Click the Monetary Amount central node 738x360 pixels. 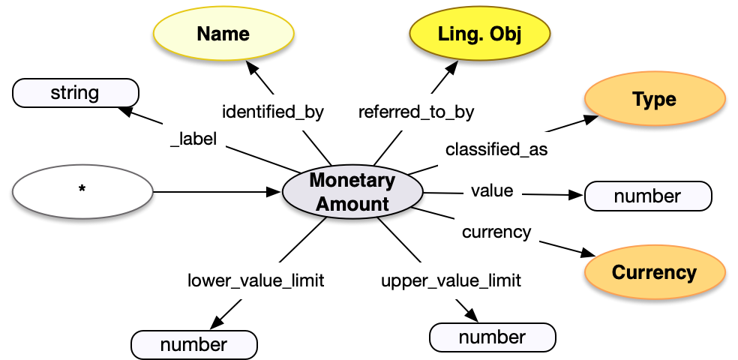pos(352,192)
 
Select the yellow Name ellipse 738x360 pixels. pos(223,34)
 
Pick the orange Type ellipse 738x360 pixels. pos(654,100)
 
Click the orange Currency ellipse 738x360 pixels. pos(654,272)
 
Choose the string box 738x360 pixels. pos(75,94)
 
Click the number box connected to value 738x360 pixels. pos(647,196)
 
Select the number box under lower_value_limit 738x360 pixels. pos(193,344)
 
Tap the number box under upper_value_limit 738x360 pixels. pos(492,337)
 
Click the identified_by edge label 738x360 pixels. pos(273,112)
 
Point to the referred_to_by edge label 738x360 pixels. pos(416,112)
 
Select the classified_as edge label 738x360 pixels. pos(496,149)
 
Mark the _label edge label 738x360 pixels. pos(193,139)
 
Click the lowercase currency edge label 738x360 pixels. pos(496,232)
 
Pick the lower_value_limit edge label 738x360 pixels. pos(256,280)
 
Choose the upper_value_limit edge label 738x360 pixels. pos(451,281)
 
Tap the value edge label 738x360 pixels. pos(492,191)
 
